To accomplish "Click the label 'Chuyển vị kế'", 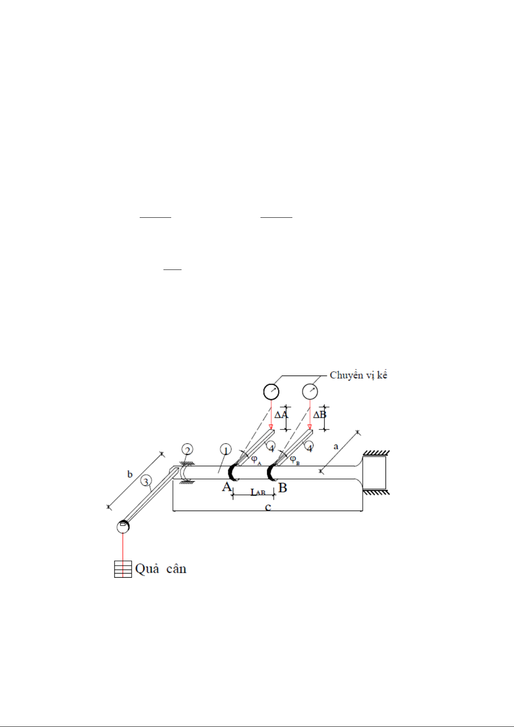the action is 358,375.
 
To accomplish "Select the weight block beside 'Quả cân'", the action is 123,569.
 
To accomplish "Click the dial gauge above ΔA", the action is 271,392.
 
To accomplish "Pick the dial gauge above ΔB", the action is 310,392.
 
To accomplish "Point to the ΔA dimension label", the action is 281,415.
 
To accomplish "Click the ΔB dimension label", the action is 320,414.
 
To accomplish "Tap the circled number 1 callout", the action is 226,450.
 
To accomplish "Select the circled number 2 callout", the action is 187,449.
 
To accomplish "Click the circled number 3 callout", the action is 146,481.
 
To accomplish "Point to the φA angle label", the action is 256,460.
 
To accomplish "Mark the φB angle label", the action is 295,460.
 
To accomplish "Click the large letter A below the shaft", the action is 227,487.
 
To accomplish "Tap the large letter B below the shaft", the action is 282,488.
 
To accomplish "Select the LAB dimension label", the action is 258,492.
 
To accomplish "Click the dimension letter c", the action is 268,507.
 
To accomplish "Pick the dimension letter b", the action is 130,474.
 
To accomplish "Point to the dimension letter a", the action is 336,447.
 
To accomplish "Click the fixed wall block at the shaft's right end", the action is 374,473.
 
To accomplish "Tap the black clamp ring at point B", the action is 271,473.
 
